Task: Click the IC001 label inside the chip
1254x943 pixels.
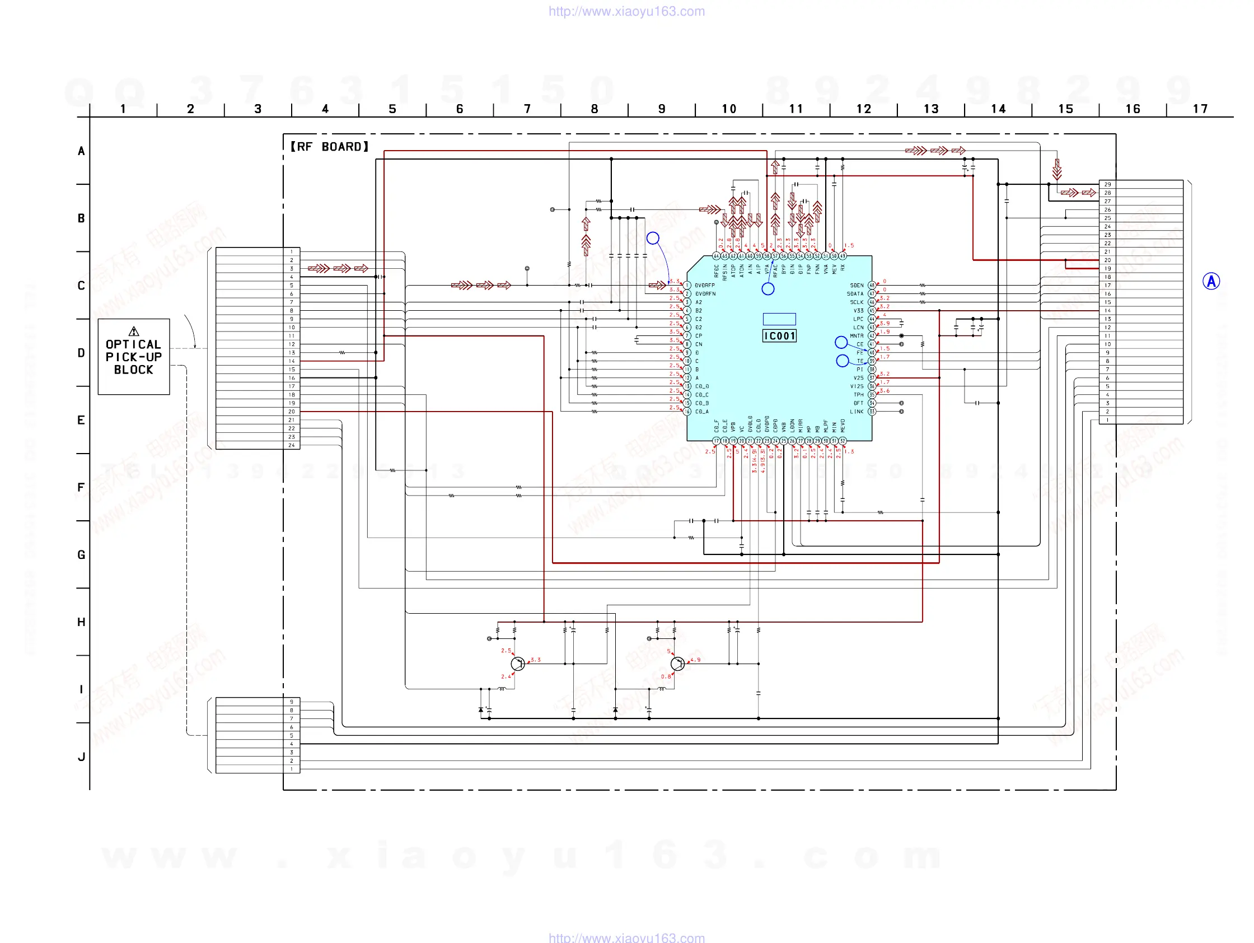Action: click(779, 336)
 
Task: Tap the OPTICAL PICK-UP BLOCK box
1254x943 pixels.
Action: click(134, 357)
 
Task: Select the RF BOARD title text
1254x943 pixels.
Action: click(329, 147)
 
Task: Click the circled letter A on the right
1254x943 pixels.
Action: click(1211, 281)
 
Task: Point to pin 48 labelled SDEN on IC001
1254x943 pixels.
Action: click(872, 285)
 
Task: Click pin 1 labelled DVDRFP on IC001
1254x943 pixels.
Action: click(687, 285)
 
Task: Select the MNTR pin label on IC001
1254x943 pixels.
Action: click(856, 335)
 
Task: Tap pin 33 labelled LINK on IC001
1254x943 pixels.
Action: click(872, 412)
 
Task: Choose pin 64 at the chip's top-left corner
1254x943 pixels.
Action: click(717, 256)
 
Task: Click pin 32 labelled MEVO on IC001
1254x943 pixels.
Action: click(843, 441)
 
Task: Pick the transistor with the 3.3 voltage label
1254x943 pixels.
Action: click(518, 664)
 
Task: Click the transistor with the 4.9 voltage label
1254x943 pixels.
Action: click(677, 664)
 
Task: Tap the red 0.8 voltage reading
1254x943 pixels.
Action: click(666, 676)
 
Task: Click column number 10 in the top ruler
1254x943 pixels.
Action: click(729, 109)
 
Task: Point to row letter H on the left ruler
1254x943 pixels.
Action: click(81, 622)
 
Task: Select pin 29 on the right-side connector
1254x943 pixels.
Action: click(1107, 184)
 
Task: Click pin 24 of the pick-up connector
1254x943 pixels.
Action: click(292, 445)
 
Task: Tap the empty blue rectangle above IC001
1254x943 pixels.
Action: click(779, 319)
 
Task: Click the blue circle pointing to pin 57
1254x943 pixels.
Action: click(768, 289)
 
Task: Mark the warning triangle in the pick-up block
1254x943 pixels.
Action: click(134, 331)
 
